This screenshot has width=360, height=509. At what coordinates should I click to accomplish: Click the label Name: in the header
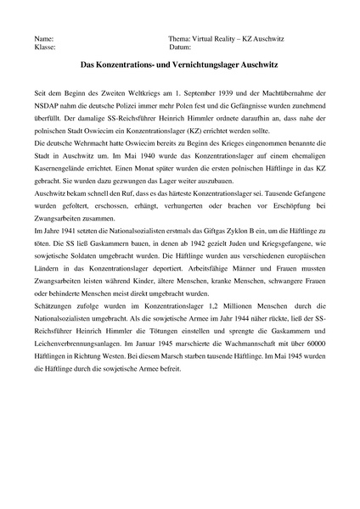tap(43, 40)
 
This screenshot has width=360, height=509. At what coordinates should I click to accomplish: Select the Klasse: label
tap(44, 48)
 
